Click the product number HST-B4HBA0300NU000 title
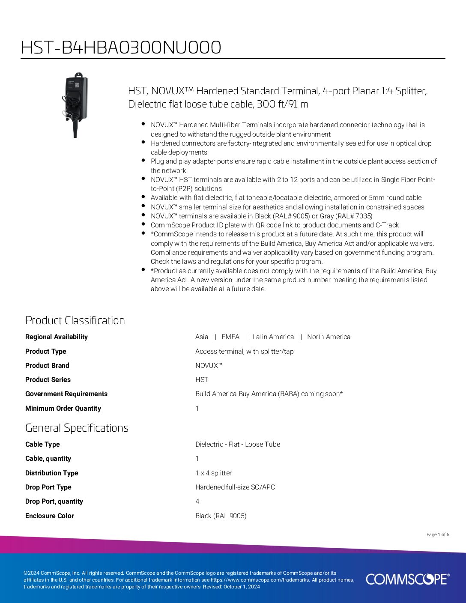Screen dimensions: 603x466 121,48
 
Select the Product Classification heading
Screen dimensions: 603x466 75,320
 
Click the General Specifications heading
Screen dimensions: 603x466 77,428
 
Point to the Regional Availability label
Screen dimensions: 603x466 57,337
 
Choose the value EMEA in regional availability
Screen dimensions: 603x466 230,337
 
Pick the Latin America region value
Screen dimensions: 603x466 273,337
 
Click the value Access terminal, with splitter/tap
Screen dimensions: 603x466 245,352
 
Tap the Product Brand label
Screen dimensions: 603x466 47,366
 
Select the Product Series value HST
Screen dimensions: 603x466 202,380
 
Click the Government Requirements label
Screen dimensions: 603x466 66,394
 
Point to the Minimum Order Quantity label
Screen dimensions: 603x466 63,409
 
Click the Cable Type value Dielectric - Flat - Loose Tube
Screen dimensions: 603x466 238,445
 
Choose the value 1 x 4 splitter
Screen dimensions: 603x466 213,473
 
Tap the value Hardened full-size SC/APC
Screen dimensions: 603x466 235,487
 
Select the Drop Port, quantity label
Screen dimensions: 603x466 54,502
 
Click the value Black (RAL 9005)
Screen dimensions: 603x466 221,516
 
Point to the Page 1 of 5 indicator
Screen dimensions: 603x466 438,534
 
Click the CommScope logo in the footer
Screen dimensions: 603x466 407,579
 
